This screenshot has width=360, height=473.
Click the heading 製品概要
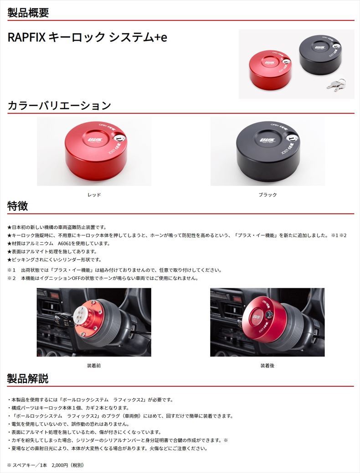[28, 12]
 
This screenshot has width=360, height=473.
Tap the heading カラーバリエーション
[59, 106]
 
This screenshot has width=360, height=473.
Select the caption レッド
[94, 195]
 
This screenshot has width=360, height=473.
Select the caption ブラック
[267, 195]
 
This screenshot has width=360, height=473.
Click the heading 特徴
[18, 206]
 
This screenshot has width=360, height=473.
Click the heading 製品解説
[28, 379]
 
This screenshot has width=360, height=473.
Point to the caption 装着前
[94, 365]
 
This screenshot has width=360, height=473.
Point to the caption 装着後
[267, 365]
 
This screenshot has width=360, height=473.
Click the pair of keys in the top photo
[337, 85]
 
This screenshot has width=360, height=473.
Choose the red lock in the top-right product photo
[269, 68]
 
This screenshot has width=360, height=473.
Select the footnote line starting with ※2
[103, 278]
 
